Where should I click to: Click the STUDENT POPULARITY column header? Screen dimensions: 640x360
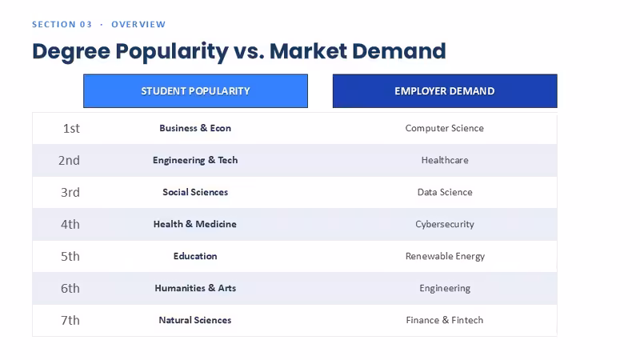point(195,91)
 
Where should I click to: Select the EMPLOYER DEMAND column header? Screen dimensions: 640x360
point(445,91)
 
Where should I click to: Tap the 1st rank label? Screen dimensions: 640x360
point(71,129)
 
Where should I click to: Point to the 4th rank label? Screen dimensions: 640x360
point(70,225)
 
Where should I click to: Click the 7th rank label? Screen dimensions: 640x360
point(70,321)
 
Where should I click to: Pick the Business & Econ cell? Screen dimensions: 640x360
point(195,128)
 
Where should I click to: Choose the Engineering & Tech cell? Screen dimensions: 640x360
point(195,161)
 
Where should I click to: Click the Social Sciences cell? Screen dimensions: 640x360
point(195,192)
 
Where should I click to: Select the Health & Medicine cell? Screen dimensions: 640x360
point(195,224)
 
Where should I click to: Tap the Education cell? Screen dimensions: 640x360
point(195,256)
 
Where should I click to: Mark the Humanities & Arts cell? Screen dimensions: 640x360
point(195,288)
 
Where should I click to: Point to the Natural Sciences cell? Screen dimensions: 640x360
point(195,320)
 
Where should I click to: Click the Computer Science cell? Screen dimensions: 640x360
point(445,128)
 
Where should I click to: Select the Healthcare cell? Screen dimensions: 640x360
point(445,160)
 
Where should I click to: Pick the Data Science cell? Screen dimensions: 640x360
point(445,192)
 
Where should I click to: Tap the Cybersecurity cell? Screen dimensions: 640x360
point(445,225)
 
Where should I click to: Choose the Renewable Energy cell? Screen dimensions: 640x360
point(445,256)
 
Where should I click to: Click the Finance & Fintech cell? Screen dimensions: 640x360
point(445,320)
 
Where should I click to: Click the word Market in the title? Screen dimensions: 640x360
point(307,51)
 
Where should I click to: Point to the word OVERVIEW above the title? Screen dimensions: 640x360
point(138,25)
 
